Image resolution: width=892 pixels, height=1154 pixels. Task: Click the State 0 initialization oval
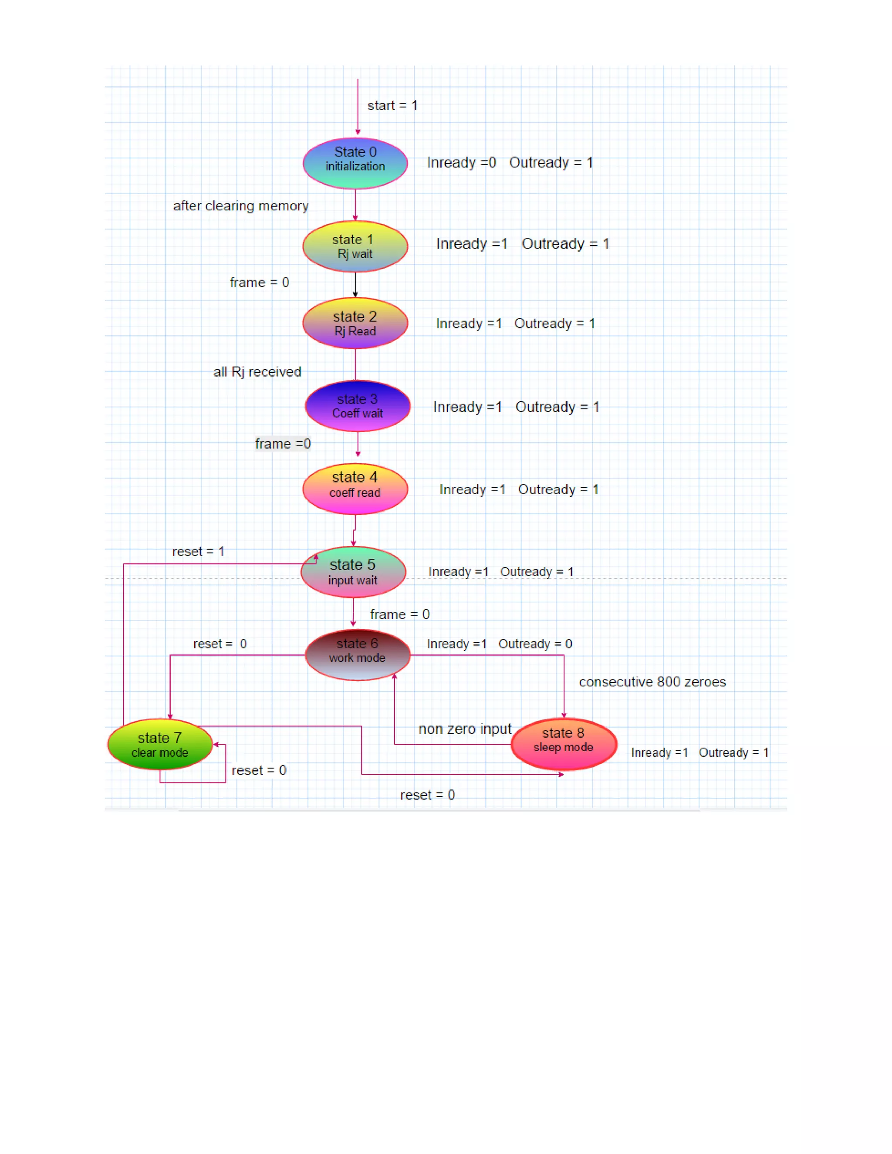355,163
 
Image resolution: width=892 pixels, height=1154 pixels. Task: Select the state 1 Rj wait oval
355,246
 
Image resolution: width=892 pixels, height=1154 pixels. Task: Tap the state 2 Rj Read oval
355,324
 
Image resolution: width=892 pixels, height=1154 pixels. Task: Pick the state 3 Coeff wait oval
358,406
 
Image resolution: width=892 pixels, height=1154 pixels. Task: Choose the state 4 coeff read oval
355,489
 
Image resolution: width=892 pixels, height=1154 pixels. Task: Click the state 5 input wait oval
353,572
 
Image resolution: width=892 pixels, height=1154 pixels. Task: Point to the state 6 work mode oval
358,655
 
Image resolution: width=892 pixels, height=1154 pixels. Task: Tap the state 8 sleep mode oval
564,744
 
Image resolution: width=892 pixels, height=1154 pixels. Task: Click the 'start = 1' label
392,106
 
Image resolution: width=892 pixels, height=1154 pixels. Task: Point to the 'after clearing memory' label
240,206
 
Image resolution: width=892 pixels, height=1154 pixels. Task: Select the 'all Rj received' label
257,372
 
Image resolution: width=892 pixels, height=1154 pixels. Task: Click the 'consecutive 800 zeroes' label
652,682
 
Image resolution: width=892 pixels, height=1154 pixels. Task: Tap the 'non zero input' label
465,729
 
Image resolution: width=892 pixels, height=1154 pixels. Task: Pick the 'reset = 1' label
198,552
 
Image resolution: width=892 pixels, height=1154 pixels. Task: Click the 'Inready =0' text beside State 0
461,163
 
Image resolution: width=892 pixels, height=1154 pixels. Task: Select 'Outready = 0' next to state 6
535,644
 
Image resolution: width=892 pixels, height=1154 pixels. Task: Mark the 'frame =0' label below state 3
283,444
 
